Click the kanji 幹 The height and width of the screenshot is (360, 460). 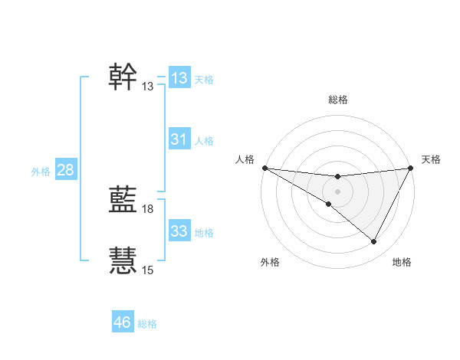pyautogui.click(x=123, y=77)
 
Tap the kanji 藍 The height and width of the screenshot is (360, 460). pyautogui.click(x=123, y=200)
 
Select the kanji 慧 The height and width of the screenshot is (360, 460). pyautogui.click(x=123, y=261)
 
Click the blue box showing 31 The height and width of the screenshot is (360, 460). pyautogui.click(x=179, y=139)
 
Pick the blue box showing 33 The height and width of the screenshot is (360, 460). pyautogui.click(x=179, y=231)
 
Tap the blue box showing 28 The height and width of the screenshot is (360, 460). pyautogui.click(x=65, y=170)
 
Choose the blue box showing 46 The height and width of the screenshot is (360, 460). pyautogui.click(x=123, y=322)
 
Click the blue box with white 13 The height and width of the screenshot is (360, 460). pyautogui.click(x=179, y=78)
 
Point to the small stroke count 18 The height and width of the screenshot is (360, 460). pyautogui.click(x=148, y=209)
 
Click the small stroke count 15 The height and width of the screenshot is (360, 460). pyautogui.click(x=148, y=270)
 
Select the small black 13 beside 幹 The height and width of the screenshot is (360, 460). pyautogui.click(x=148, y=87)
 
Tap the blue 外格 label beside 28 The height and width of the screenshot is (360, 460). pyautogui.click(x=41, y=172)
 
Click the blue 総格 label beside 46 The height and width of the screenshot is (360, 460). pyautogui.click(x=147, y=324)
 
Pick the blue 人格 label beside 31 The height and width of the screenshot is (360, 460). pyautogui.click(x=204, y=141)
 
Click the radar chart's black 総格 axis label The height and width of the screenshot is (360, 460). pyautogui.click(x=338, y=100)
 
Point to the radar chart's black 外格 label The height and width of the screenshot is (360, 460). pyautogui.click(x=270, y=263)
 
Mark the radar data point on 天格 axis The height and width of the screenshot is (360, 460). pyautogui.click(x=411, y=168)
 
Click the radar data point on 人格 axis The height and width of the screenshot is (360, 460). pyautogui.click(x=264, y=168)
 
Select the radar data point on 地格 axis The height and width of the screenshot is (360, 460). pyautogui.click(x=374, y=242)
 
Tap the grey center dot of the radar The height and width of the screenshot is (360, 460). pyautogui.click(x=338, y=191)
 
